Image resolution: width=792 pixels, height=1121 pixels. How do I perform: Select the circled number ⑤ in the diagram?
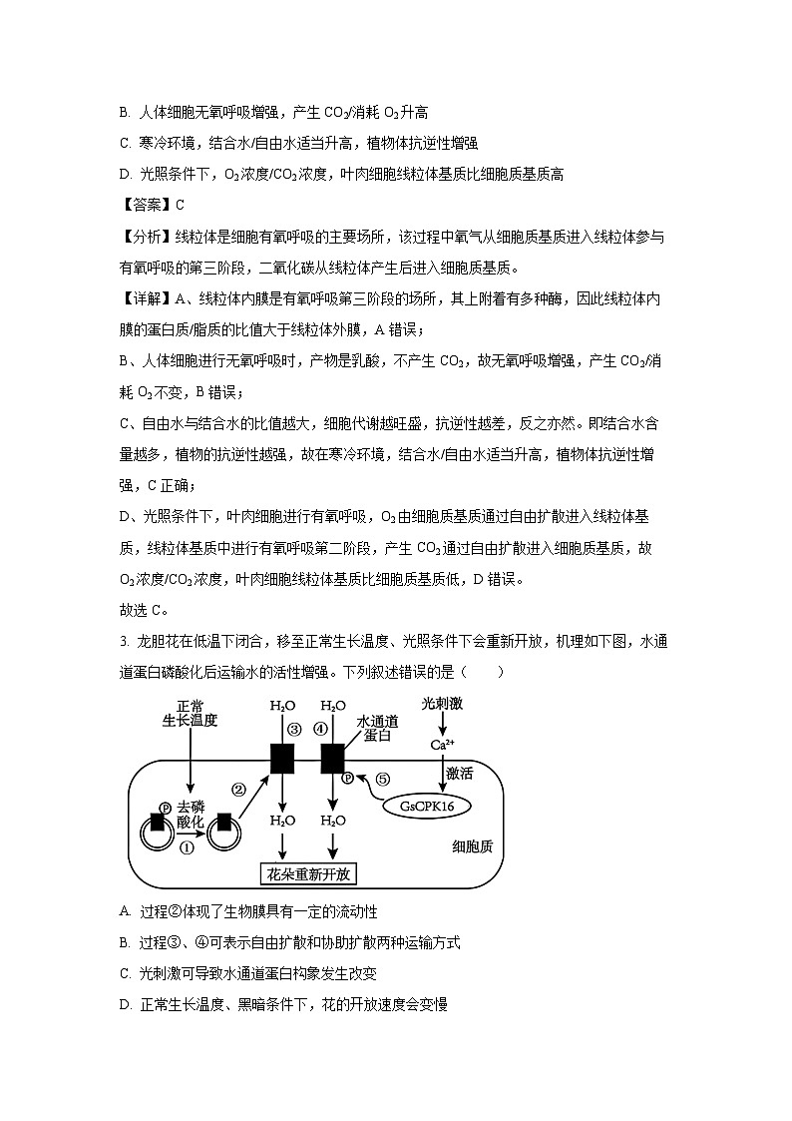[x=382, y=779]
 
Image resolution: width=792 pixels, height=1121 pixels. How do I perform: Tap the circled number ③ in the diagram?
[x=294, y=729]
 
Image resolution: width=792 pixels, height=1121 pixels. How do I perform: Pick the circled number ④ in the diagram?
[x=320, y=729]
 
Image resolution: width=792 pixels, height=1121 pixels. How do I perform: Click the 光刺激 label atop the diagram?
[x=442, y=704]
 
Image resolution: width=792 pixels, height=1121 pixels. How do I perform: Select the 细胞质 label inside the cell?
[x=472, y=846]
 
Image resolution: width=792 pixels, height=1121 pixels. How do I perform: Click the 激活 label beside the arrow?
[x=460, y=773]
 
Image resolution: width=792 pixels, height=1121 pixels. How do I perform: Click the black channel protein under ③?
[x=282, y=759]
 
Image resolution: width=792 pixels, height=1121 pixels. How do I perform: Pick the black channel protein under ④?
[x=332, y=759]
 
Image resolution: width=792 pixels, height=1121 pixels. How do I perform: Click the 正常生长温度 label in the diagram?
[x=190, y=713]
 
